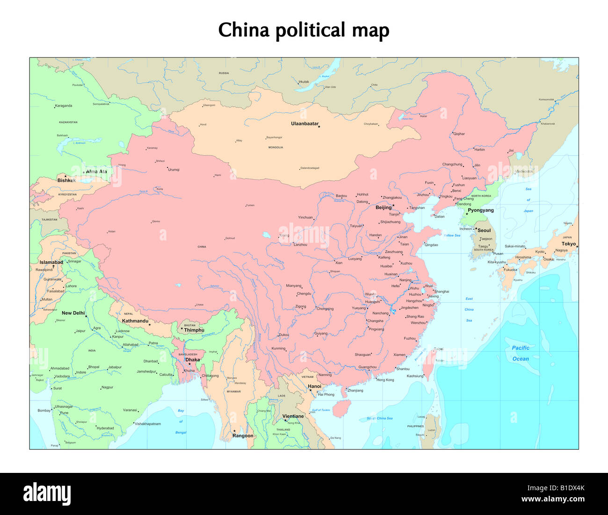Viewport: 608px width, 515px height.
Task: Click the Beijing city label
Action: pos(384,208)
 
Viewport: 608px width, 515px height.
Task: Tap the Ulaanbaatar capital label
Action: pos(304,124)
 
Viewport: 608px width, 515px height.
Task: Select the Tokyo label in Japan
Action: pos(568,244)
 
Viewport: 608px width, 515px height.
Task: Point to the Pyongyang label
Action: pos(481,210)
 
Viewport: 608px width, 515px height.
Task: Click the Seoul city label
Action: pos(484,230)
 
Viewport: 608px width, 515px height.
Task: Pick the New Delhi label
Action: pos(73,313)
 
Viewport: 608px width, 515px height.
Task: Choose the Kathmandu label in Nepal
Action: pos(135,321)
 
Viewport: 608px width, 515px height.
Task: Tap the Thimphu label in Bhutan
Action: pos(194,330)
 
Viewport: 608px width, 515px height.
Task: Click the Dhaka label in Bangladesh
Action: pos(192,360)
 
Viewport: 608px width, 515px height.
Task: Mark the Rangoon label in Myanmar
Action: pos(243,436)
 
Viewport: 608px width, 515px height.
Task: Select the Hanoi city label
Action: pos(315,386)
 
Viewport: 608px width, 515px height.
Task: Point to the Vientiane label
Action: pos(293,416)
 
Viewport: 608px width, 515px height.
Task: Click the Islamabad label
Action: pos(51,262)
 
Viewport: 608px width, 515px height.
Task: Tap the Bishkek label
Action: pos(66,181)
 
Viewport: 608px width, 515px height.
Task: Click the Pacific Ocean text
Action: pos(521,353)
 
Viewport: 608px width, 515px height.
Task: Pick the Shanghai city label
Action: pos(442,291)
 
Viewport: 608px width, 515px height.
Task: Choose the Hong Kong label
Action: pos(385,380)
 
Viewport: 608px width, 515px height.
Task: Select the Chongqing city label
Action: pos(325,309)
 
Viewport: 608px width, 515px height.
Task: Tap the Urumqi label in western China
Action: pos(174,170)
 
